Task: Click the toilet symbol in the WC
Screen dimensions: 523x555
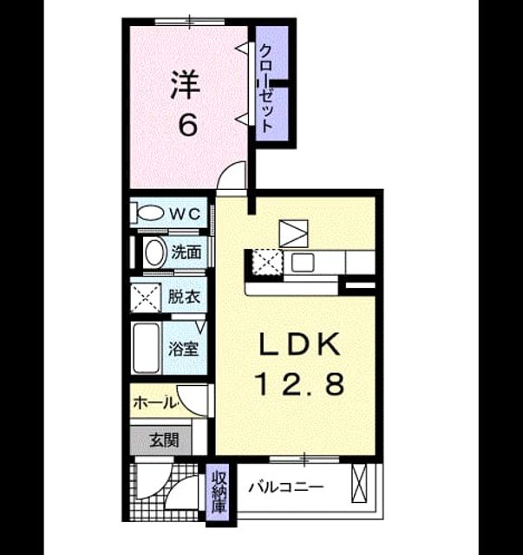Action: (147, 212)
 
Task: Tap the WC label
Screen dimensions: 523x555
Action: (185, 213)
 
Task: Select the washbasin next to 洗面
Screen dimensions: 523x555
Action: (155, 252)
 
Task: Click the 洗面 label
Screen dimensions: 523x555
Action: (186, 252)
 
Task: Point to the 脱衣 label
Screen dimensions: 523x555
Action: (185, 297)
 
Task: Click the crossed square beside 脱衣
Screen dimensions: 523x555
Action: (146, 297)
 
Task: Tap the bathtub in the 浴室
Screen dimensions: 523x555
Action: (146, 348)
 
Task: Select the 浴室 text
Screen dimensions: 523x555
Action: (183, 349)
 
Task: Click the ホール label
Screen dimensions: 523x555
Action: (154, 402)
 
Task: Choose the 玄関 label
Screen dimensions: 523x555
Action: (164, 441)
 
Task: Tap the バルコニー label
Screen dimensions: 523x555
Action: (285, 487)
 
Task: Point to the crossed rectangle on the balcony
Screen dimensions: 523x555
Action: (359, 482)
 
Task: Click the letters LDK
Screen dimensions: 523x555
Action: (299, 344)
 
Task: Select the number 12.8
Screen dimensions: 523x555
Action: (299, 385)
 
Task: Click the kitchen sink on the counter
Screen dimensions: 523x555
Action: (303, 263)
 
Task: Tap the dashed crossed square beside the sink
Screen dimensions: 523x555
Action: (267, 262)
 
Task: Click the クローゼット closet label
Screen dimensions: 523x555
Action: (266, 88)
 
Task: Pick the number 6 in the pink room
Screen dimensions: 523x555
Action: (187, 125)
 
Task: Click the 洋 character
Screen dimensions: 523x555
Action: (186, 85)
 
